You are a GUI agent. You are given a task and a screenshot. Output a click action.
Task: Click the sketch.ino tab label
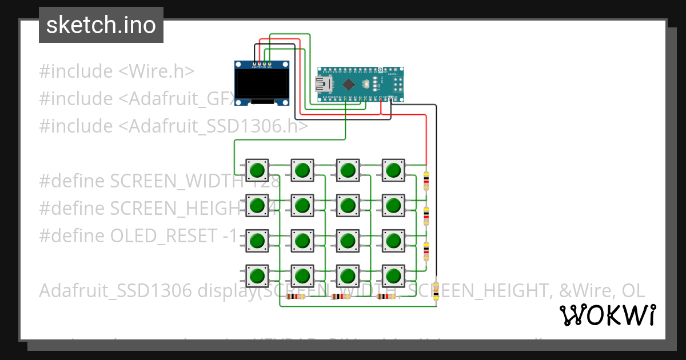tap(101, 25)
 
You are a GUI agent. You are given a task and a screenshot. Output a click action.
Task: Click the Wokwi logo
tap(607, 315)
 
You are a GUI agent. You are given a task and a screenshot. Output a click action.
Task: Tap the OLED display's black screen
tap(261, 83)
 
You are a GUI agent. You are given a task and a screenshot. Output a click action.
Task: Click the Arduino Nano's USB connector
tap(324, 85)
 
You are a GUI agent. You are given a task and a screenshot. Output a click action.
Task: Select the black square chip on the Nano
tap(348, 85)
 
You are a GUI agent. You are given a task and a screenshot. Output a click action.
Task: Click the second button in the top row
tap(302, 170)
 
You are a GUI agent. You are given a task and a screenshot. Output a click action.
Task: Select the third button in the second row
tap(348, 205)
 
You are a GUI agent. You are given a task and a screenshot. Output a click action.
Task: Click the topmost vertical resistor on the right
tap(426, 181)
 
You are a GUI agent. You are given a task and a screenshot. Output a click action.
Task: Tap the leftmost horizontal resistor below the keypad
tap(296, 296)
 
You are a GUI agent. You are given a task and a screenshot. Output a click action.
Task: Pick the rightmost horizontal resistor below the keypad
tap(386, 296)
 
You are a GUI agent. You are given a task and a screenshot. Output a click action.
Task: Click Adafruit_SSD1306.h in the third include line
tap(215, 126)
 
